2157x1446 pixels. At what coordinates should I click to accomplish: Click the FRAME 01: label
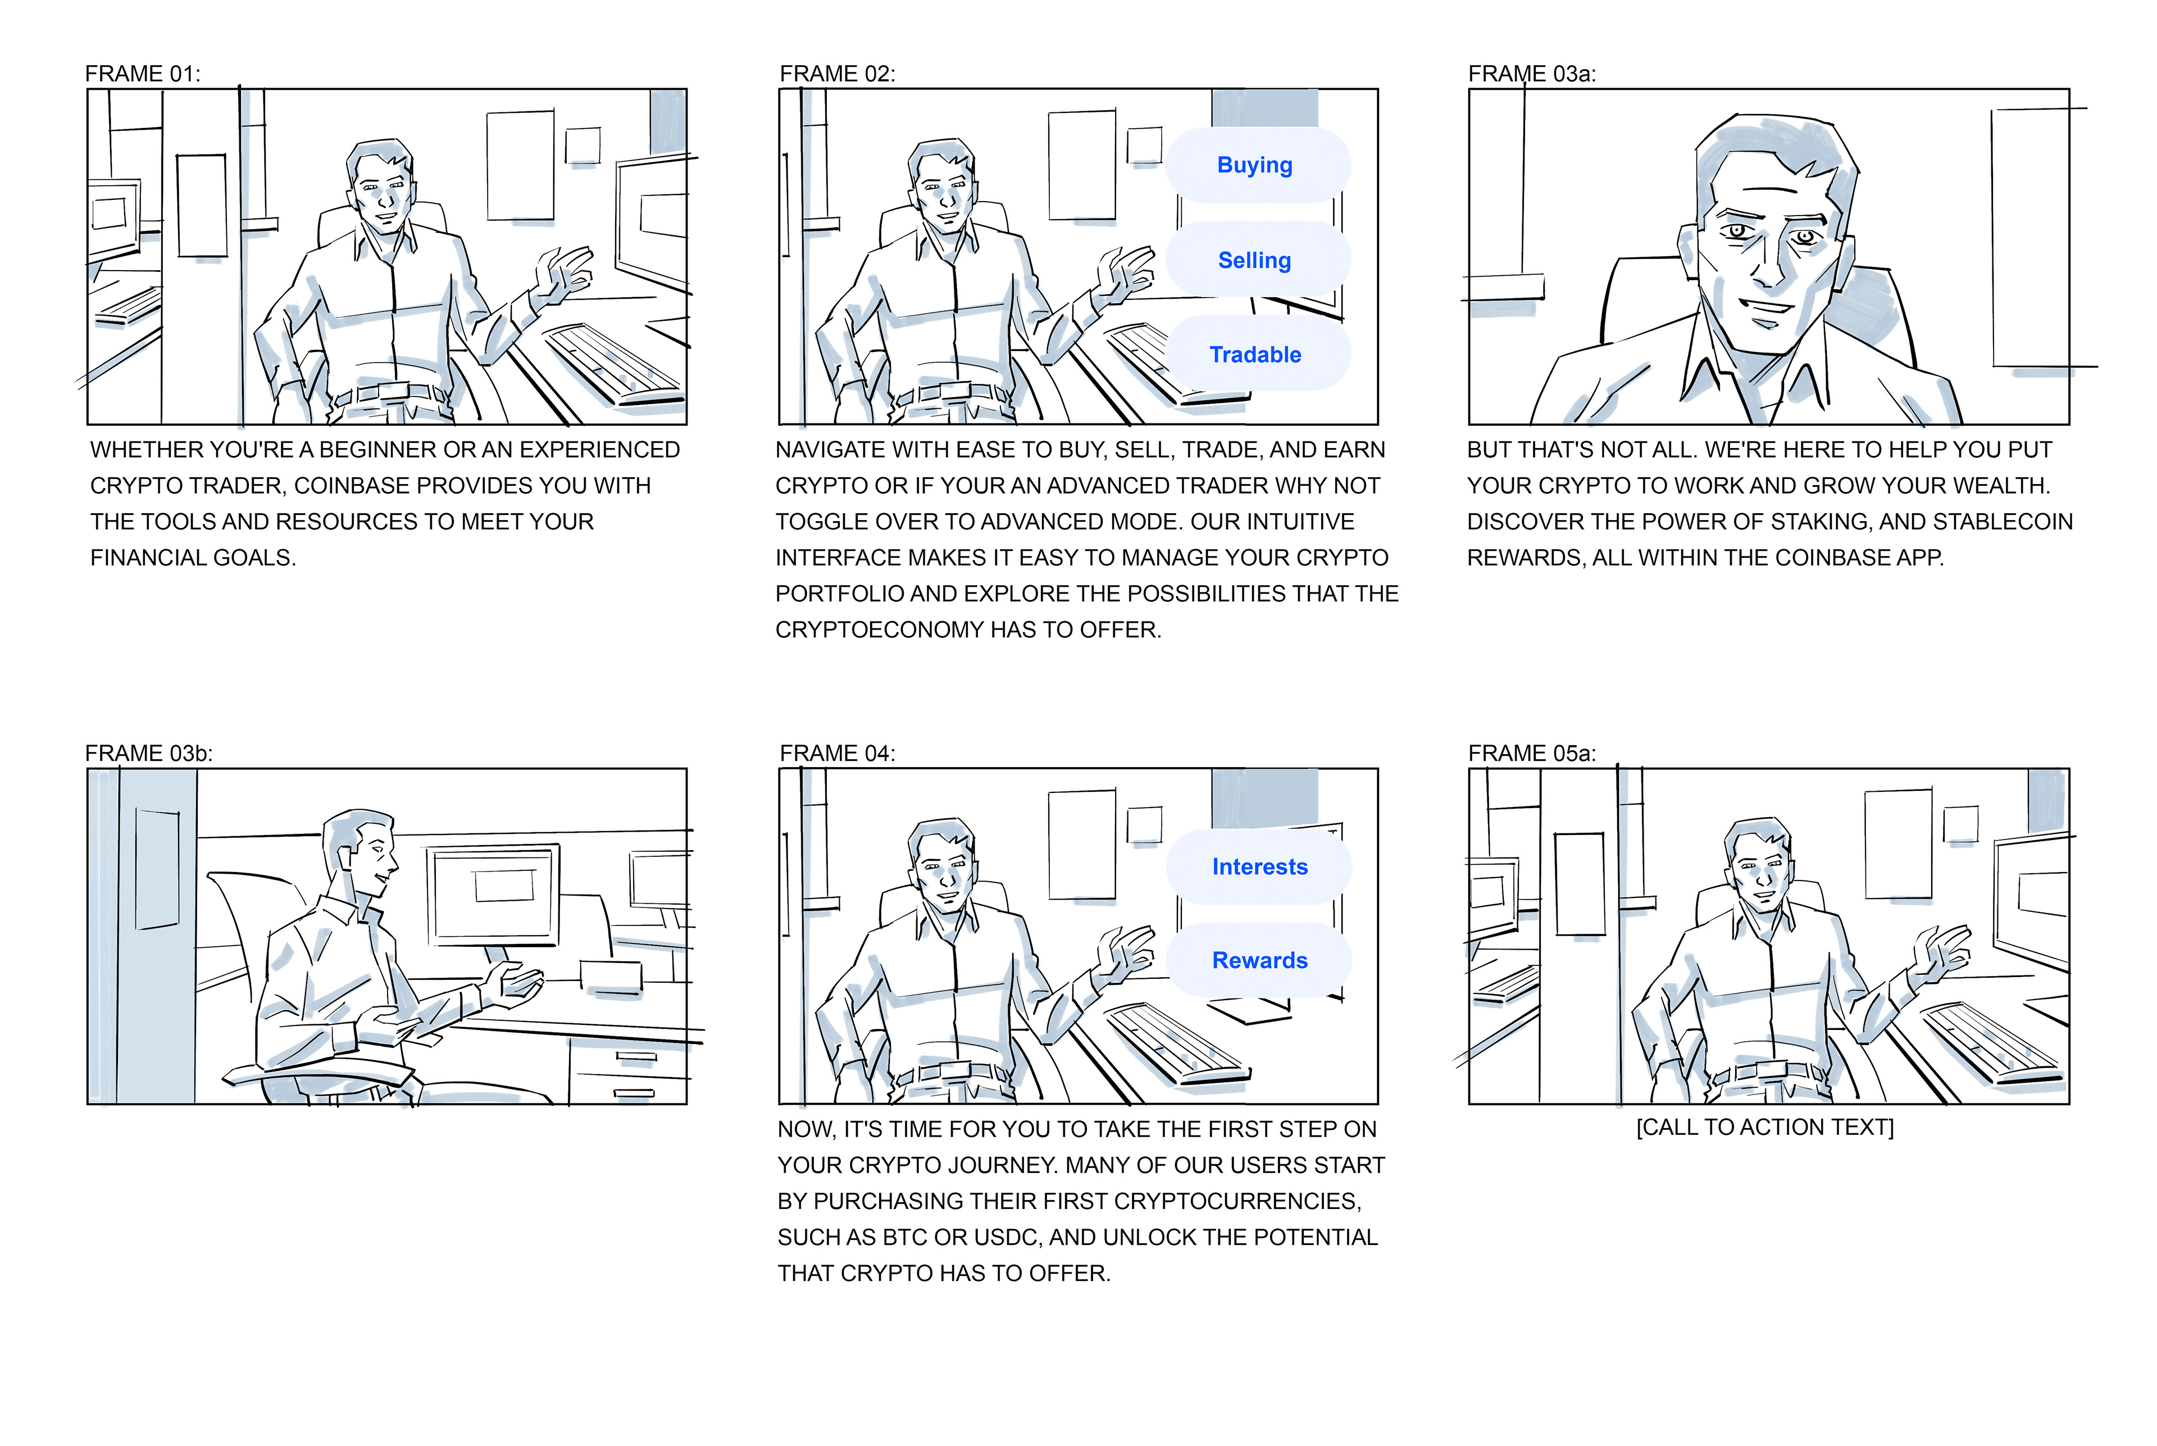pos(143,74)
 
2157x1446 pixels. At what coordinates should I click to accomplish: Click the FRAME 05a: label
pos(1532,754)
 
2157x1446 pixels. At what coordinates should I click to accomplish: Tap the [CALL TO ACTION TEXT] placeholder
pos(1765,1128)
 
